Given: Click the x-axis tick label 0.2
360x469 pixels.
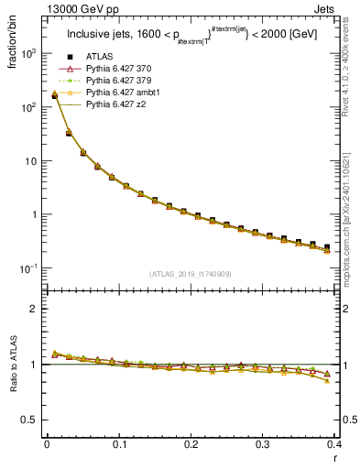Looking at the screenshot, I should (190, 444).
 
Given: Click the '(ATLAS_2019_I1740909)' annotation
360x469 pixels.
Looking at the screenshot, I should (190, 274).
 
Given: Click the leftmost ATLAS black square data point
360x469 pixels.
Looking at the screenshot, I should (54, 95).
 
